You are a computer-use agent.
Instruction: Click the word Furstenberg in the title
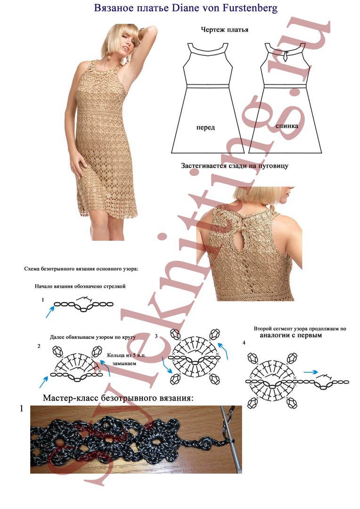point(250,8)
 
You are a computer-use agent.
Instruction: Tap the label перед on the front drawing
point(205,128)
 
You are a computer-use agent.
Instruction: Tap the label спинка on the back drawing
point(287,126)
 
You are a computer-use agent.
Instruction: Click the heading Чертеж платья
point(225,30)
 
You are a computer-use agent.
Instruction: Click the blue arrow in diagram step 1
point(49,312)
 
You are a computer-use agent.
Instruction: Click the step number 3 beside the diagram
point(156,337)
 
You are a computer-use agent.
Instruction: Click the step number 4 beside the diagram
point(244,343)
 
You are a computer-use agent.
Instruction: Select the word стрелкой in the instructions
point(114,287)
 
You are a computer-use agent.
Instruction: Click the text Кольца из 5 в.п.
point(127,355)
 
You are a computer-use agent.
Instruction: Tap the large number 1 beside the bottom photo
point(22,409)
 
